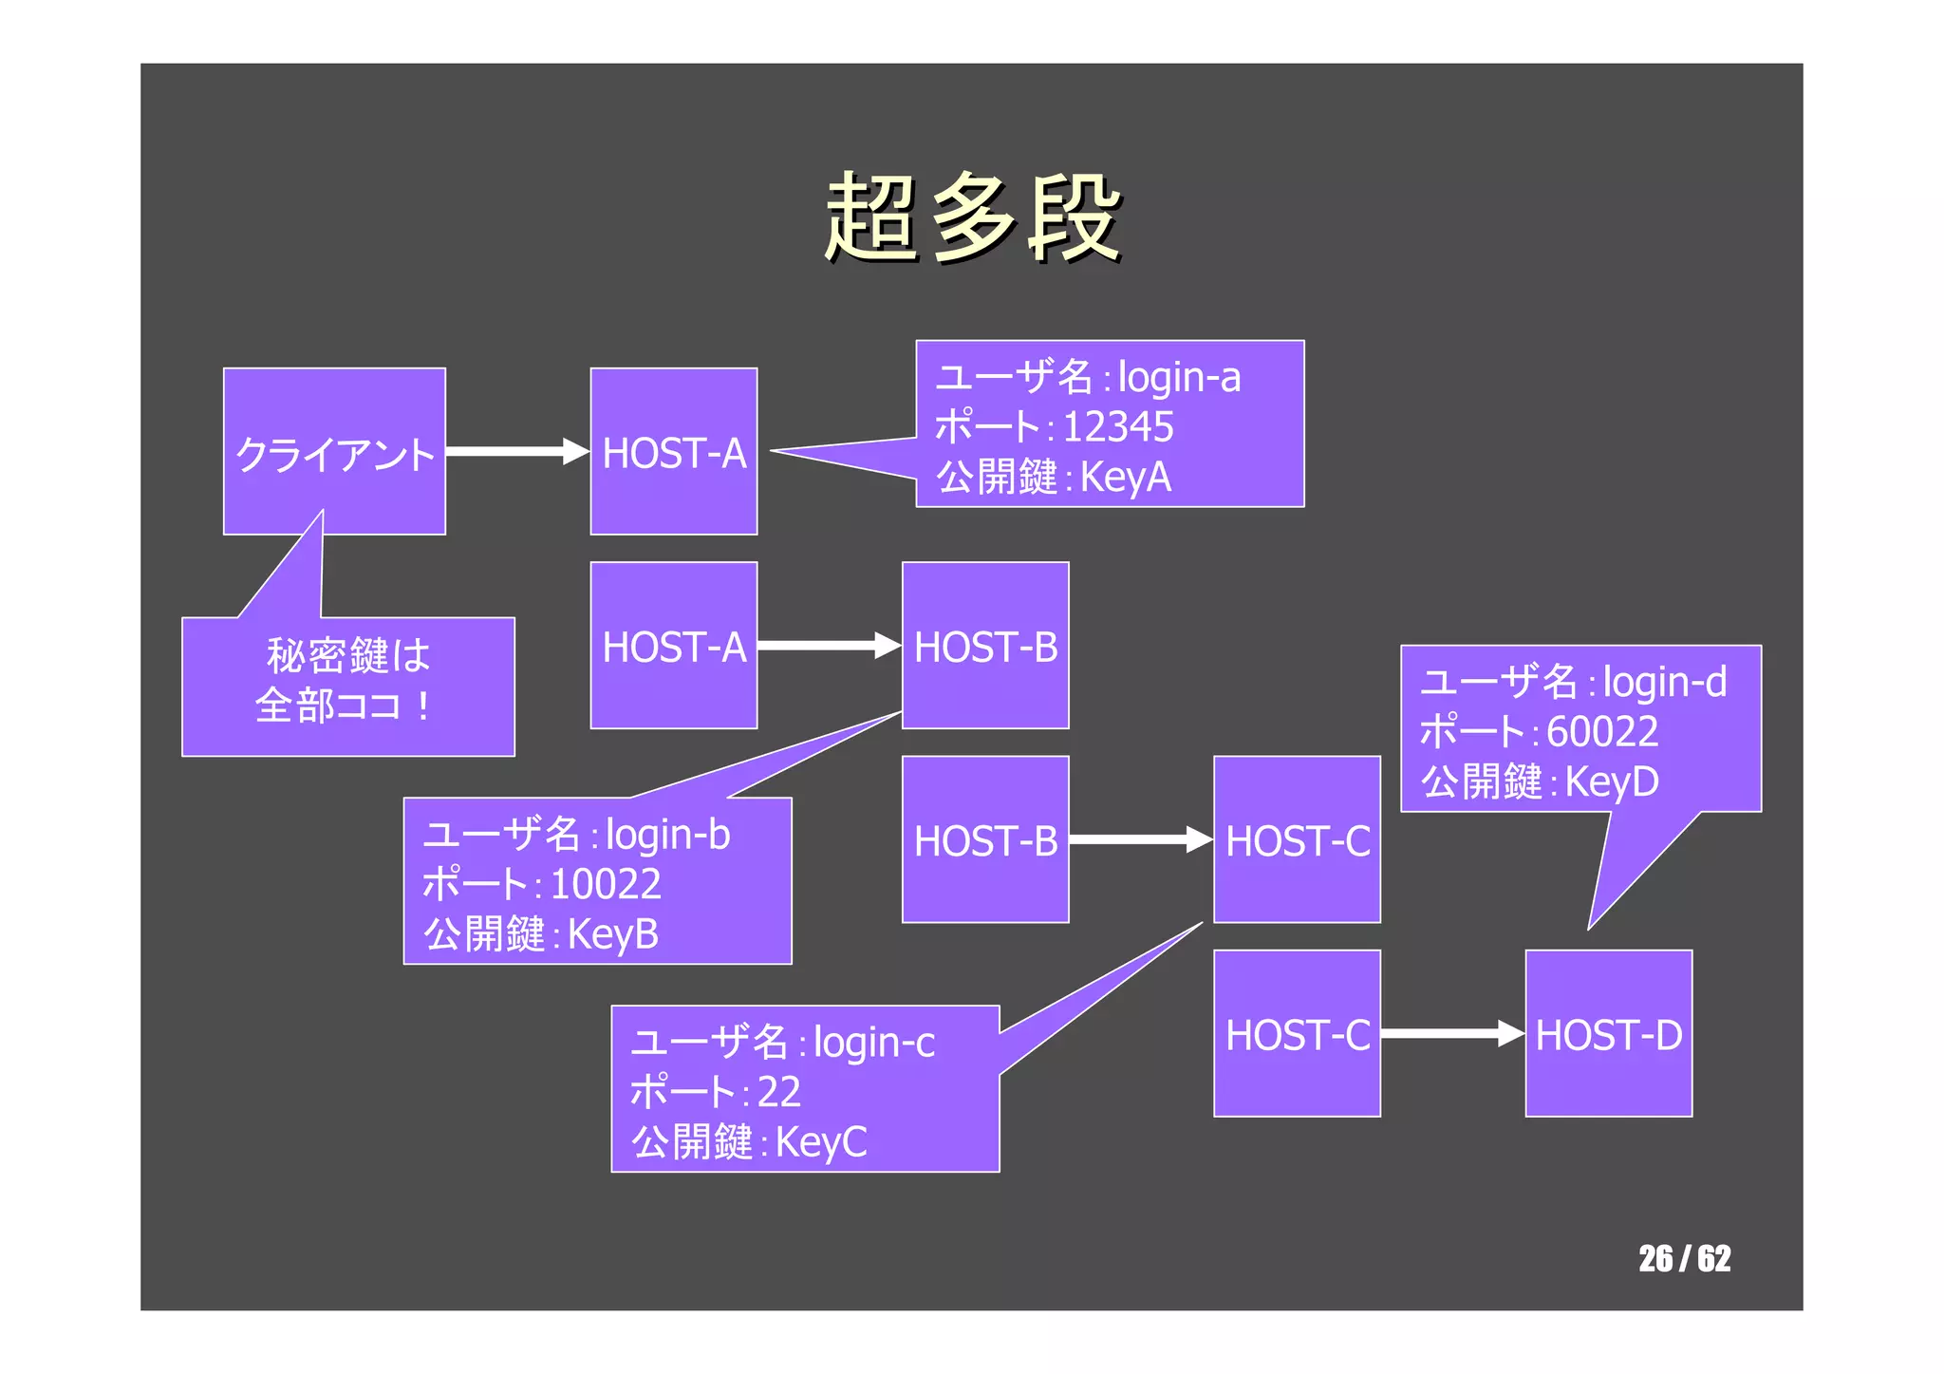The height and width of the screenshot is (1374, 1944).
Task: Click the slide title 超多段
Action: (x=972, y=218)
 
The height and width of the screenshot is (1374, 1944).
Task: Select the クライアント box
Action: (x=334, y=452)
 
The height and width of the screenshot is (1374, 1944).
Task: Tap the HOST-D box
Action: (x=1608, y=1033)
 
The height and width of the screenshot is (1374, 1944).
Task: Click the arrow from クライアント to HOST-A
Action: (x=517, y=452)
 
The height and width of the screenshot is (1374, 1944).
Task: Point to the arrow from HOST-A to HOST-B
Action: (x=829, y=646)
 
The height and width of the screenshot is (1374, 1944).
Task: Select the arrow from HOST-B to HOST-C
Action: (x=1140, y=839)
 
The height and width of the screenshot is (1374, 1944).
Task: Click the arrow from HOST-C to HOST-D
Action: (x=1451, y=1033)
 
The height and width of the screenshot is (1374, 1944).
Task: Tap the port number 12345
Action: (x=1118, y=427)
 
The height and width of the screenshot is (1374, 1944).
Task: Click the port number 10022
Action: (x=605, y=885)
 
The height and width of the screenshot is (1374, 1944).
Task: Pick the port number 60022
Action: (x=1602, y=732)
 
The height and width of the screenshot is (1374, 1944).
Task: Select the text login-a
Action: (x=1179, y=378)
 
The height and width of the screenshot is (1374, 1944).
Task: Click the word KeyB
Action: (x=612, y=934)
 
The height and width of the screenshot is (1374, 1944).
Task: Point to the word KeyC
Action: (x=820, y=1142)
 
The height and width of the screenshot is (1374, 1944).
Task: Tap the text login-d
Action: (x=1664, y=683)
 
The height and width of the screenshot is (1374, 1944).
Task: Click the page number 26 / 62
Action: (x=1684, y=1258)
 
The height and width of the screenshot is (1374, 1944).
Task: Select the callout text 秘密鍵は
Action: (x=347, y=656)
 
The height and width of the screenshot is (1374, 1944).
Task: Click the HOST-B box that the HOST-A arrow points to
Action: (x=985, y=646)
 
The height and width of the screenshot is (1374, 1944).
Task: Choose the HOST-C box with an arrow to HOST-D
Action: (x=1297, y=1033)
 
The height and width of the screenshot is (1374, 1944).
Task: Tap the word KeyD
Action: (x=1611, y=782)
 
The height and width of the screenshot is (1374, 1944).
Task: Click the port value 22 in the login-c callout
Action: (x=778, y=1092)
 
